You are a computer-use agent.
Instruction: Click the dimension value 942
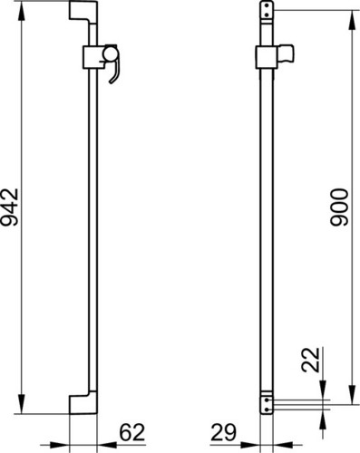coord(10,207)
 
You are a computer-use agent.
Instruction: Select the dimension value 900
coord(340,207)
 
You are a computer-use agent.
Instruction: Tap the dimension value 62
coord(132,432)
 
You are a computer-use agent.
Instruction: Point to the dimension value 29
coord(223,432)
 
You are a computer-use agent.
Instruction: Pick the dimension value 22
coord(310,360)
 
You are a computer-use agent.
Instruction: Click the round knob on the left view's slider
coord(110,54)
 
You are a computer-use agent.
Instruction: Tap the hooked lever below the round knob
coord(115,72)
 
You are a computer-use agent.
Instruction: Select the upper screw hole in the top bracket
coord(267,5)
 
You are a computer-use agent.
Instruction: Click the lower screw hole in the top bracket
coord(267,14)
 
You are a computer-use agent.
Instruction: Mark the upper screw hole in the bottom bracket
coord(267,400)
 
